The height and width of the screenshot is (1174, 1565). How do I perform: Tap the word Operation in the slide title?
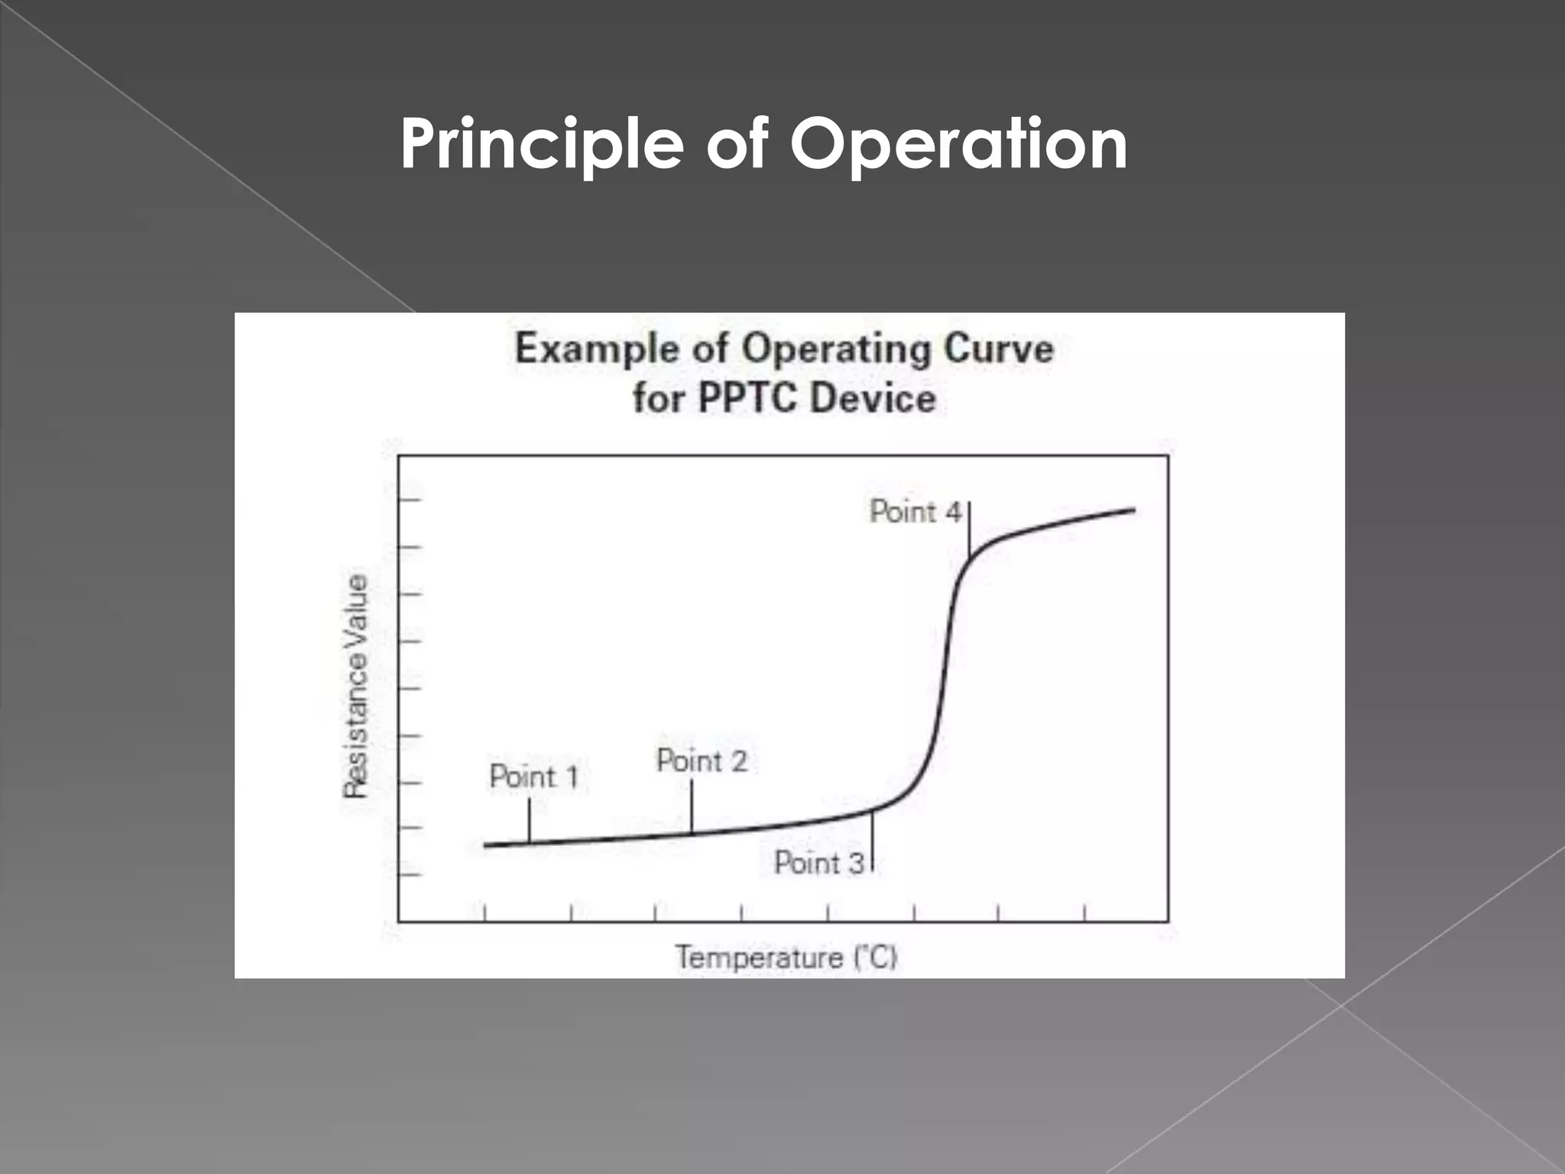(x=958, y=145)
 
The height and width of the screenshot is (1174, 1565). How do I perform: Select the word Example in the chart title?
(x=597, y=349)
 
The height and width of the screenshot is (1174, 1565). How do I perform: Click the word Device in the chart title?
(x=873, y=398)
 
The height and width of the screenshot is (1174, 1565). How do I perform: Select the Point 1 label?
(x=533, y=777)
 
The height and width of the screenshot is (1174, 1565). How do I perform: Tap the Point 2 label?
(x=701, y=761)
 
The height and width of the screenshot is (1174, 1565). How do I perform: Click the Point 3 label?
(x=818, y=863)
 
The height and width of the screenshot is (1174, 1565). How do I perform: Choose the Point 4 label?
(x=915, y=512)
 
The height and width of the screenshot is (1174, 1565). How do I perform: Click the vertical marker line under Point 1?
(x=529, y=819)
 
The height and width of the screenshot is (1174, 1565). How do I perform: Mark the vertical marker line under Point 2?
(x=692, y=806)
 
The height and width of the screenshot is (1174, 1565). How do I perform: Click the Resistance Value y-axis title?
(x=355, y=686)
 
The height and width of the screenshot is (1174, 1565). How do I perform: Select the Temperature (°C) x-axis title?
(x=786, y=958)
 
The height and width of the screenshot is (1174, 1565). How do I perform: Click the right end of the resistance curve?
(x=1132, y=510)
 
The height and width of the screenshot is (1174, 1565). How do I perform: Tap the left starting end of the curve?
(x=487, y=845)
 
